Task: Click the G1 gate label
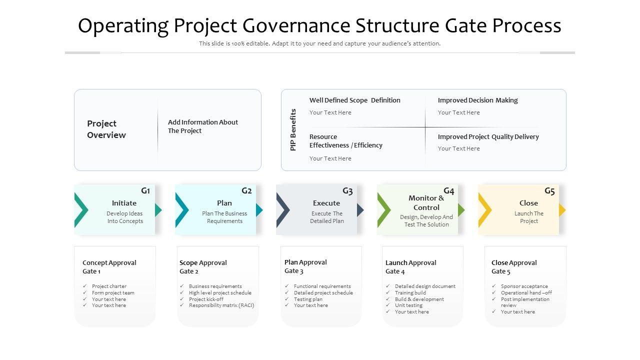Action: tap(145, 190)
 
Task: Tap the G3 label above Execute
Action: tap(347, 191)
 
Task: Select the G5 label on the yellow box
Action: tap(549, 191)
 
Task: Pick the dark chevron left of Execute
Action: tap(282, 210)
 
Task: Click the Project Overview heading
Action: tap(106, 129)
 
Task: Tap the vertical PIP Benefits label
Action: tap(293, 129)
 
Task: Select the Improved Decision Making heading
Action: tap(477, 100)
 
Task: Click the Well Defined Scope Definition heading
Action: tap(354, 100)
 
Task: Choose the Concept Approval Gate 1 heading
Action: tap(109, 266)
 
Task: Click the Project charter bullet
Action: tap(109, 286)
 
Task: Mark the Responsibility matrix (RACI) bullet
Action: tap(221, 305)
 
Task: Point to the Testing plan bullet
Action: tap(308, 299)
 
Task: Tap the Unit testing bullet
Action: tap(408, 305)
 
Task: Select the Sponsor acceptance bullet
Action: tap(524, 286)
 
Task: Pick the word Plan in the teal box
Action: tap(224, 203)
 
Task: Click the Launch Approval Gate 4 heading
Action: tap(410, 266)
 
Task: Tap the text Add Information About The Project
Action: tap(202, 126)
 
